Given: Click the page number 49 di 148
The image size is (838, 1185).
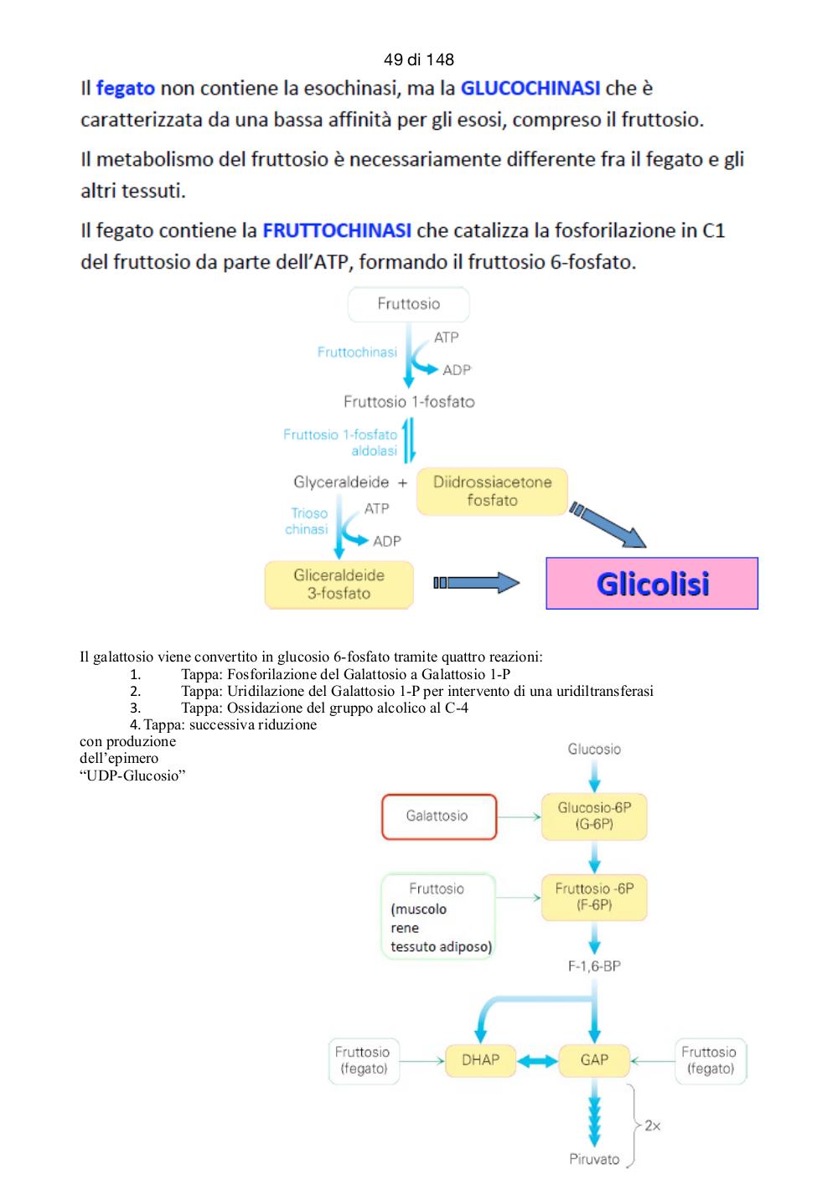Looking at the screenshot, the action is coord(419,59).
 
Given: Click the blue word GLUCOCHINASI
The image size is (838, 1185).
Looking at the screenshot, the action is coord(530,88).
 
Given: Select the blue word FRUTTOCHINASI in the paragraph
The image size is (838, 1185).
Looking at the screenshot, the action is coord(337,230).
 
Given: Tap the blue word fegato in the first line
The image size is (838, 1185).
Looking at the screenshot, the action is coord(126,88).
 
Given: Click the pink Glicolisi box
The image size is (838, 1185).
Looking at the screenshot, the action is coord(652,583).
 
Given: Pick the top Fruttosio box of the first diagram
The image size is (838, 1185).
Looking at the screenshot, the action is coord(408,304).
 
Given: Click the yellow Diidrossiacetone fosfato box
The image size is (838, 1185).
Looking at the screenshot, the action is coord(492,491).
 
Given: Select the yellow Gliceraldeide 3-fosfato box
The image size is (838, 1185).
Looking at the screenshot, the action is coord(339,585).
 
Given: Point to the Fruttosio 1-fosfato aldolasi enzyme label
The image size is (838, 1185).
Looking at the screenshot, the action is coord(340,442).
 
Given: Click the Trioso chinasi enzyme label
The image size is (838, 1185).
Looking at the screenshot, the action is coord(307,521).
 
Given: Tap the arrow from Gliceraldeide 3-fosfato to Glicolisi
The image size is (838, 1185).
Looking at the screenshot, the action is coord(477,583).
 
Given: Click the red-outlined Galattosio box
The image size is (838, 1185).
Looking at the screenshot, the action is coord(439,817).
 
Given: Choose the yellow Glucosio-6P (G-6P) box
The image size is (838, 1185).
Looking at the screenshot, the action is coord(594,816).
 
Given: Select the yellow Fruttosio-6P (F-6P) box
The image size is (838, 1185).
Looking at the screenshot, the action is coord(594,897).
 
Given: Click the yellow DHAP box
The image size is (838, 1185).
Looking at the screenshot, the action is coord(480,1060).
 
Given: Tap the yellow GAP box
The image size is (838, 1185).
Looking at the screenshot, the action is coord(594,1060).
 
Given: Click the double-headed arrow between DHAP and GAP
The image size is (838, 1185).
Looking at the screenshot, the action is coord(537,1060).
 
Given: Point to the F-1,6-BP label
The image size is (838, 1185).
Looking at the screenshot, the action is coord(594,966).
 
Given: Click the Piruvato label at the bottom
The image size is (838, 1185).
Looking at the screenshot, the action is coord(594,1159).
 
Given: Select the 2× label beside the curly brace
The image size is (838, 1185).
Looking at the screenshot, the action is coord(652,1126).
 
